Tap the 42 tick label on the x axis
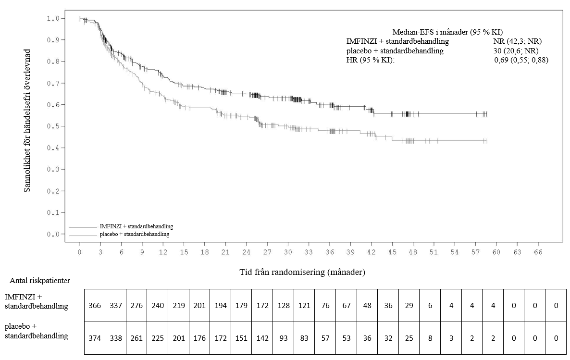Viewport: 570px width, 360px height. pos(372,252)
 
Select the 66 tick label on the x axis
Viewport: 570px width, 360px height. pos(538,252)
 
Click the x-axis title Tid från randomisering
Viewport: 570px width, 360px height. pos(302,272)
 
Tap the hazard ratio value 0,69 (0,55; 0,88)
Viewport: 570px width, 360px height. pos(521,60)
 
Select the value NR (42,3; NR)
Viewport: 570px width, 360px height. pos(514,41)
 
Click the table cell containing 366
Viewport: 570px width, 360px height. pos(95,306)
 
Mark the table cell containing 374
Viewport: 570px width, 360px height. pos(95,338)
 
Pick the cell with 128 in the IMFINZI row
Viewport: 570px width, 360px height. pos(283,306)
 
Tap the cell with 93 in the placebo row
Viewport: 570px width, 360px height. pos(283,338)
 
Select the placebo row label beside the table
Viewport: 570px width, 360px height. pos(36,331)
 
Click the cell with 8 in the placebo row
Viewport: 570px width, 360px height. pos(430,338)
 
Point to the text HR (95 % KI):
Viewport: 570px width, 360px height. pos(370,60)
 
